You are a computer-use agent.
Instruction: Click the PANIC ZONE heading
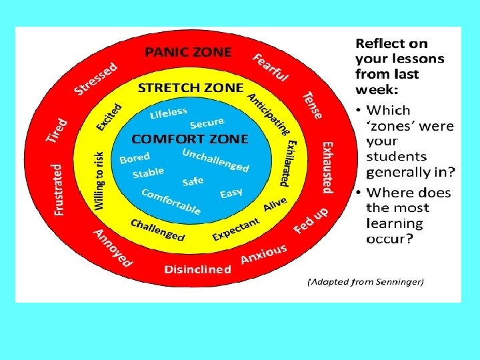(x=189, y=51)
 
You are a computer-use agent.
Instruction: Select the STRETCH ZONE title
(x=190, y=87)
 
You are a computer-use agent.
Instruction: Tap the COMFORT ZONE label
(x=190, y=139)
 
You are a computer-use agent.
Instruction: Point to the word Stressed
(x=97, y=78)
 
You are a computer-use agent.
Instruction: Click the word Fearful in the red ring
(x=270, y=67)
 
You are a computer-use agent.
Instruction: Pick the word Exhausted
(x=327, y=167)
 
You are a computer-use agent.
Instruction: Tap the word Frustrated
(x=59, y=189)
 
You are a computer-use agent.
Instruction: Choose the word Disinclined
(x=198, y=269)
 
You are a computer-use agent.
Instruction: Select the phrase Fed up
(x=311, y=221)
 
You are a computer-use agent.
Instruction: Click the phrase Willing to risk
(x=99, y=181)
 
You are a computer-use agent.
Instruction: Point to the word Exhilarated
(x=288, y=163)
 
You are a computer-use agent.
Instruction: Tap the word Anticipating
(x=269, y=113)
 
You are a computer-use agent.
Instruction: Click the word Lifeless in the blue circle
(x=169, y=113)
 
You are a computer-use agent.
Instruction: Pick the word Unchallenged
(x=215, y=159)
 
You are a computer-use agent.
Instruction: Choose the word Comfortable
(x=171, y=201)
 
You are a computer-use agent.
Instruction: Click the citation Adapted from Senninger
(x=365, y=281)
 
